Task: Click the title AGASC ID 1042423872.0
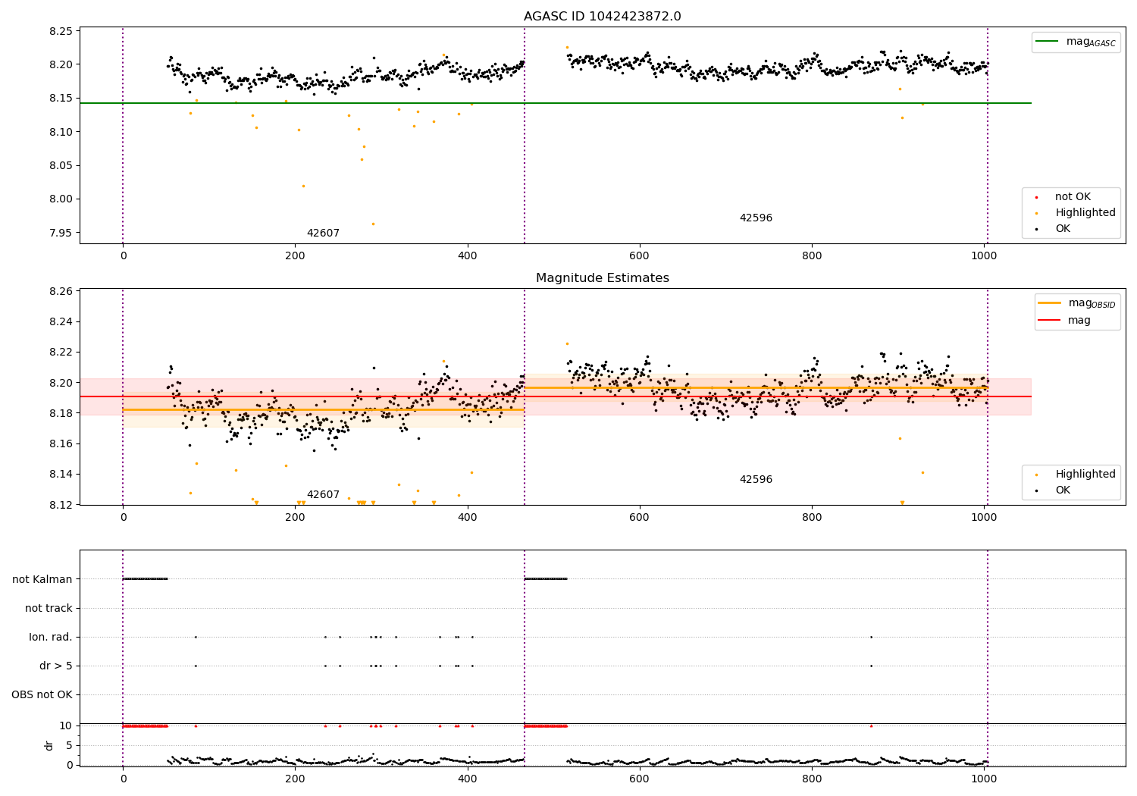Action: click(602, 17)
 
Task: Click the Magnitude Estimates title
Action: click(602, 278)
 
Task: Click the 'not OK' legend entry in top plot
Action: click(1073, 197)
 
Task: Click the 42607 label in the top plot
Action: click(323, 233)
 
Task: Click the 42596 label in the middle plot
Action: click(756, 479)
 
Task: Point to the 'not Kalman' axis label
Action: click(42, 579)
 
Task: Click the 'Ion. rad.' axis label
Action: click(51, 637)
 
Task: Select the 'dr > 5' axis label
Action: click(55, 666)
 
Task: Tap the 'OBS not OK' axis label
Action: click(42, 694)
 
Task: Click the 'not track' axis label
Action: click(49, 608)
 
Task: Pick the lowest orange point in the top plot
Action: click(373, 224)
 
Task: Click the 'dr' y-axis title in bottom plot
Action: click(49, 744)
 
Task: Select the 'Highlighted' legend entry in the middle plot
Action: click(1085, 474)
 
